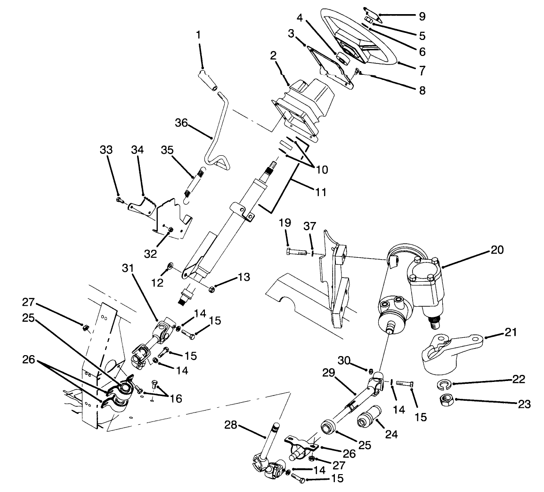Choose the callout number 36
(x=181, y=123)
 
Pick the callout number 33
(x=106, y=150)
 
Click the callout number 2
(x=273, y=56)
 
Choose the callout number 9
(x=422, y=16)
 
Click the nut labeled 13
(x=213, y=287)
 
